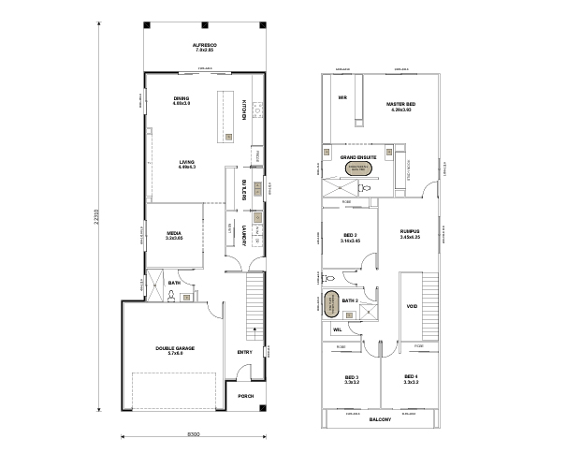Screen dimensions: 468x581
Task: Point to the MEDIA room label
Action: tap(173, 235)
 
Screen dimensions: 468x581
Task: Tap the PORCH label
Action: tap(246, 396)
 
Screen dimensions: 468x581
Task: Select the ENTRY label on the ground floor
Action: tap(244, 352)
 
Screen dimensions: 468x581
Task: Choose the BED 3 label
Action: tap(351, 379)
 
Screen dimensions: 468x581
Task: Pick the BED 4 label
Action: tap(409, 379)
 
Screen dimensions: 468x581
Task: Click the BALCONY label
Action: tap(380, 418)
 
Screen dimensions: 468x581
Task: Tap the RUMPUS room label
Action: tap(410, 233)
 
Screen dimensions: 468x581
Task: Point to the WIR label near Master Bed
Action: tap(342, 97)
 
